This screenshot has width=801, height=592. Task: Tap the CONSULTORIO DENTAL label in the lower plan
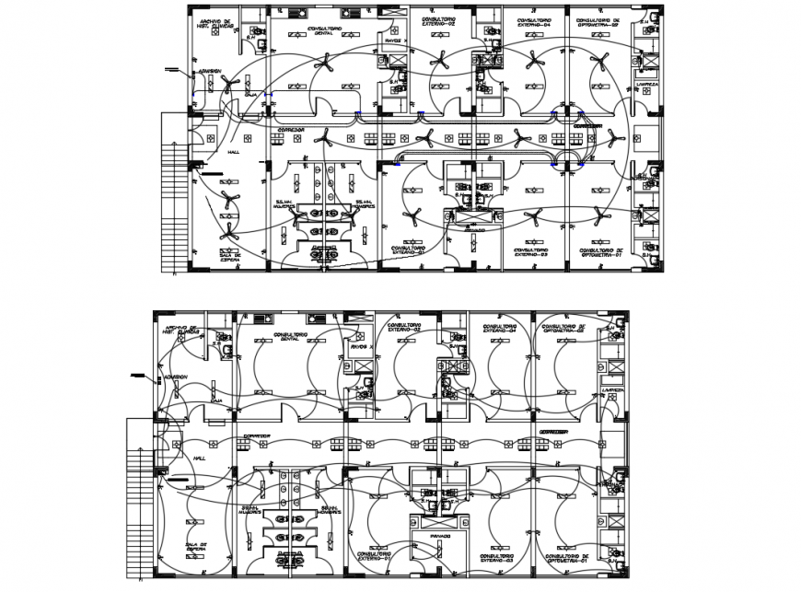point(292,336)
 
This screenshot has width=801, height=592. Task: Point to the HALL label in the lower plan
point(199,457)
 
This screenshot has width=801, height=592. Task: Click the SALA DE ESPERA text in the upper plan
point(230,257)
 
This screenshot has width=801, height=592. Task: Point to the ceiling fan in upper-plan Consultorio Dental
point(325,66)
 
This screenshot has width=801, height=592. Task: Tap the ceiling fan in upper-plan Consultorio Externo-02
point(441,60)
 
